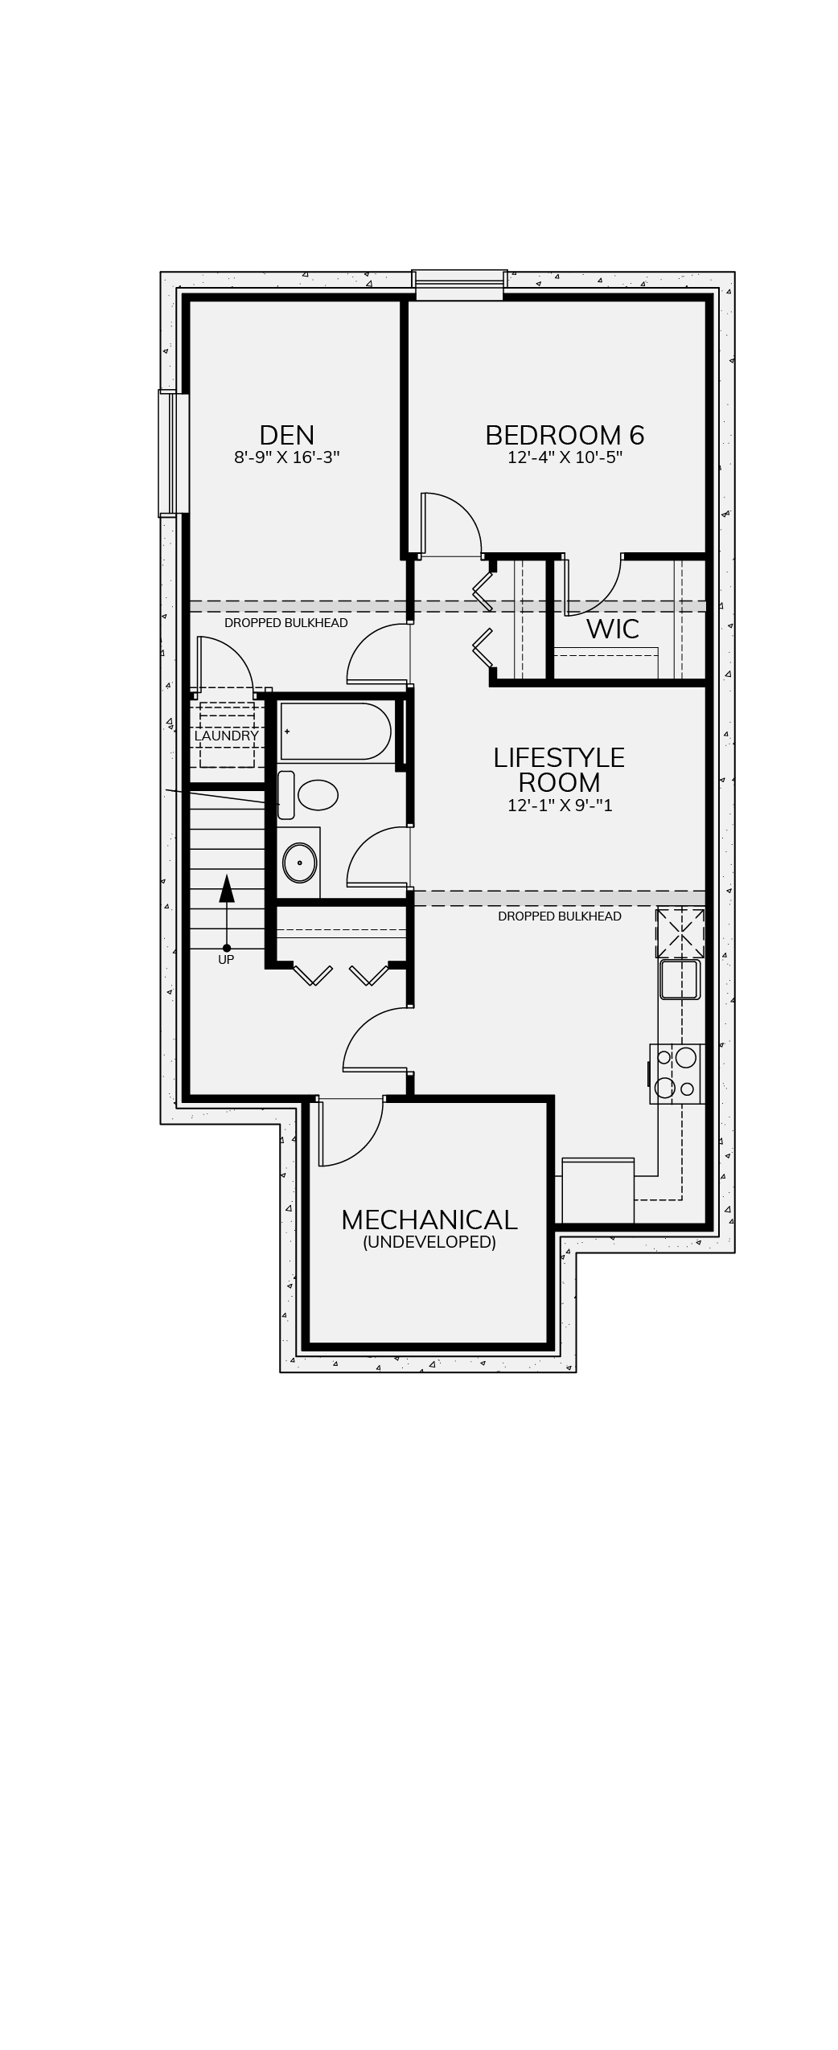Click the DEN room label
[286, 435]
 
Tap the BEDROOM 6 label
[565, 435]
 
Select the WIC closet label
[613, 629]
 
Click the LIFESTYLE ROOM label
[559, 770]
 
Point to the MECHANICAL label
[429, 1220]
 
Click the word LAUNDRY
[226, 736]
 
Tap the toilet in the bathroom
[308, 795]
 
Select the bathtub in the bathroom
[335, 731]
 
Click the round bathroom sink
[300, 863]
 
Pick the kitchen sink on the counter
[680, 979]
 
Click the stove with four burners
[676, 1073]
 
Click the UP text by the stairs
[226, 959]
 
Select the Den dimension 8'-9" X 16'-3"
[287, 457]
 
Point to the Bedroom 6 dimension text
[565, 457]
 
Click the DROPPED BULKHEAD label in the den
[285, 623]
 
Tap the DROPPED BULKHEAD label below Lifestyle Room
[559, 916]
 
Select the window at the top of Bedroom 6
[459, 285]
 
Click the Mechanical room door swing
[350, 1132]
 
